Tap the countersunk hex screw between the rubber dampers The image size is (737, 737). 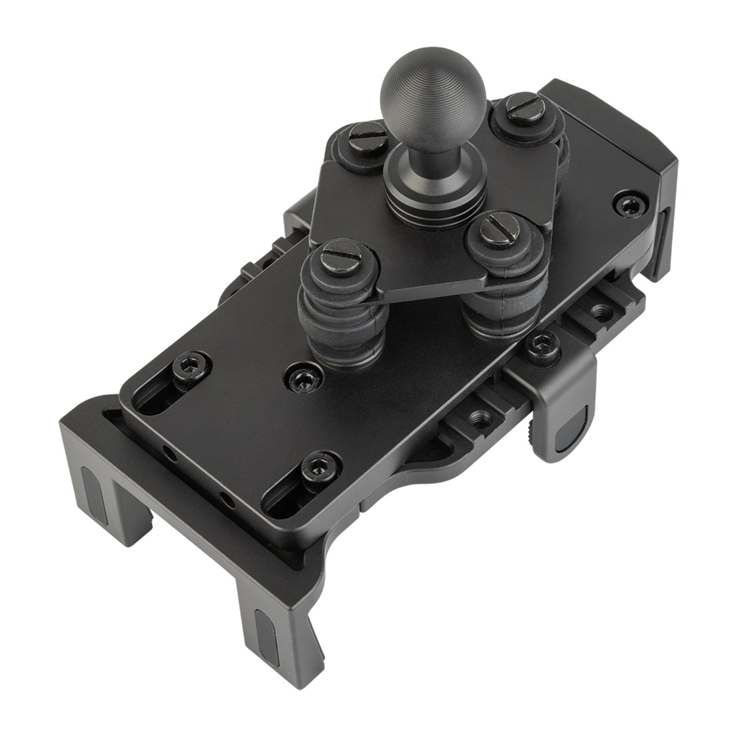pyautogui.click(x=300, y=378)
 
